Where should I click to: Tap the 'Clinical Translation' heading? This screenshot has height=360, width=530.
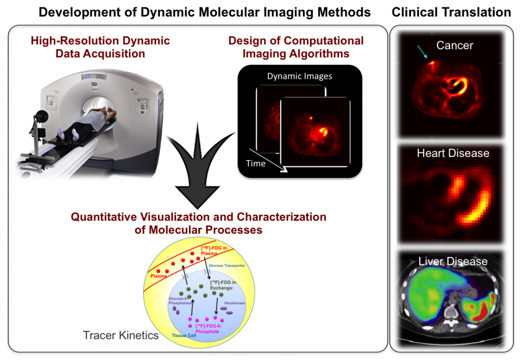(451, 12)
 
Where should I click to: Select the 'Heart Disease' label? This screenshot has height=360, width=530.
(453, 153)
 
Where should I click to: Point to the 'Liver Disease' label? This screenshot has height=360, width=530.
(453, 261)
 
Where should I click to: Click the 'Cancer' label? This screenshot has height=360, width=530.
(454, 46)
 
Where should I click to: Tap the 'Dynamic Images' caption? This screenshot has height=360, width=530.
(300, 76)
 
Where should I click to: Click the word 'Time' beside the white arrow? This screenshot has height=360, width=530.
(256, 163)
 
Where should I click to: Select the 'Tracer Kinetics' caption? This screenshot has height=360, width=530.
(121, 335)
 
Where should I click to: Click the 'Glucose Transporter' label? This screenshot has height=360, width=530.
(242, 265)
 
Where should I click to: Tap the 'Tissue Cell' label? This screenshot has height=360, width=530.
(184, 335)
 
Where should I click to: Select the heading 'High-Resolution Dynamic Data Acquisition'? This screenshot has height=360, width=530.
(100, 47)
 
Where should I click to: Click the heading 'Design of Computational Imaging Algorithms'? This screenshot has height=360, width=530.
(296, 47)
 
